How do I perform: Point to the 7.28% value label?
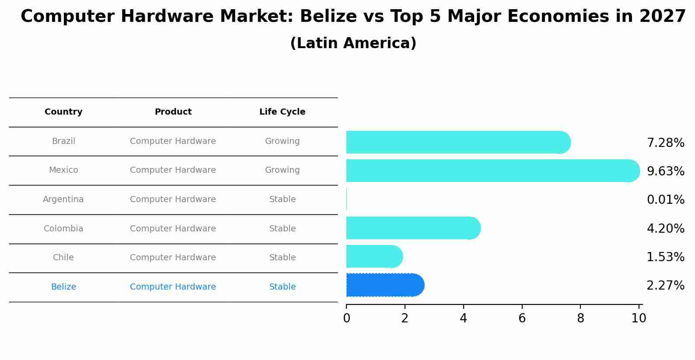coord(665,143)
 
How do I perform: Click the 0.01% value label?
coord(665,200)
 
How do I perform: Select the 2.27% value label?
coord(665,286)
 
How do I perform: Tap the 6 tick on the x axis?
coord(522,318)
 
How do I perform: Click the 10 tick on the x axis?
coord(639,318)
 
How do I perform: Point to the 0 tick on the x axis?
coord(346,318)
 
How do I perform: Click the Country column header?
coord(63,112)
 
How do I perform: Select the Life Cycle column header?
coord(282,112)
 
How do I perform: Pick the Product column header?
coord(173,112)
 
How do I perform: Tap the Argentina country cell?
coord(63,199)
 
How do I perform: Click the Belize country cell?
coord(63,287)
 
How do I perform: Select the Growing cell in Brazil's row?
coord(282,141)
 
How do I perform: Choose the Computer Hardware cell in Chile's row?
coord(173,258)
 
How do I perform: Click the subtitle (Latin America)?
coord(353,43)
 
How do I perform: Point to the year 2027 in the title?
coord(662,17)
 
